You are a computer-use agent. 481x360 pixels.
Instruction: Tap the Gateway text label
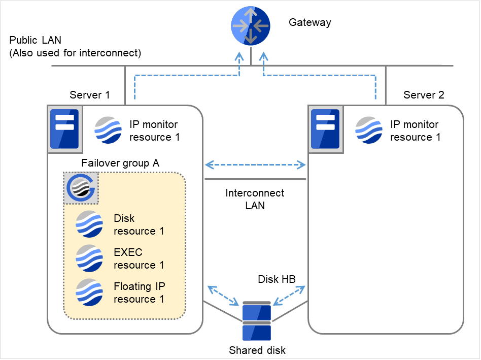point(310,22)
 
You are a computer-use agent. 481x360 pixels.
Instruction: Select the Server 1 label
point(90,95)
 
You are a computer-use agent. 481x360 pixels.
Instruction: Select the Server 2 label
point(424,95)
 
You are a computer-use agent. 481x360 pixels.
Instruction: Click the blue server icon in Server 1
point(64,129)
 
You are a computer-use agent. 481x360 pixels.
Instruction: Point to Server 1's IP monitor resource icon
point(109,130)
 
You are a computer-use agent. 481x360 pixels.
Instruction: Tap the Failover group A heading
point(120,163)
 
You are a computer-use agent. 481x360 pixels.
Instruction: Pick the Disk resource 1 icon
point(89,224)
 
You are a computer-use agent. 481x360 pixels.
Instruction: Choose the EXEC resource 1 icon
point(89,258)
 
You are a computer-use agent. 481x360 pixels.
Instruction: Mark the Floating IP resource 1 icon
point(89,292)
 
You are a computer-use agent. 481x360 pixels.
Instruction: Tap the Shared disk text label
point(257,350)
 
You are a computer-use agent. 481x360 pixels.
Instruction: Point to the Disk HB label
point(277,279)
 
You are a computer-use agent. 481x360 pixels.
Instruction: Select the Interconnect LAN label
point(255,200)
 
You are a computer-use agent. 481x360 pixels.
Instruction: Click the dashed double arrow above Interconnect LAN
point(255,165)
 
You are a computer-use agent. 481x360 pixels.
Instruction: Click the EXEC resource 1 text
point(139,258)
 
